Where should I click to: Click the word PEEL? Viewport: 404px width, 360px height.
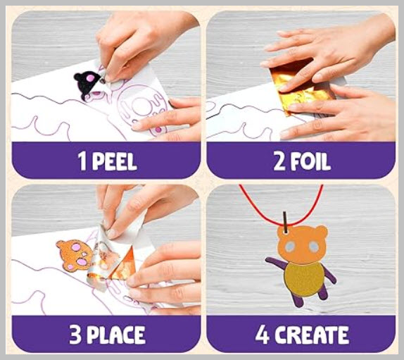coord(115,161)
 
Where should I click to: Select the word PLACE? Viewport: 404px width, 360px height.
coord(115,335)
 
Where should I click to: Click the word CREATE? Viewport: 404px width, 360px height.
coord(311,335)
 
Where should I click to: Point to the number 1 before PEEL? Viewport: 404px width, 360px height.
coord(82,161)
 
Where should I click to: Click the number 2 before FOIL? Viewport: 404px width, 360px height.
coord(279,161)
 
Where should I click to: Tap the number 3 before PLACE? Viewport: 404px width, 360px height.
coord(75,335)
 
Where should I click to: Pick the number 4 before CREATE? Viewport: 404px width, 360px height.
coord(263,335)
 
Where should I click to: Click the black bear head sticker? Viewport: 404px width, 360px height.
coord(87,84)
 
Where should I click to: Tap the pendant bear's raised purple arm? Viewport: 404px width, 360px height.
coord(276,264)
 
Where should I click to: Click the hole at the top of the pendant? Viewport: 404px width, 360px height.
coord(284,232)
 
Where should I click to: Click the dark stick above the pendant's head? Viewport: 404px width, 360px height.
coord(284,221)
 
